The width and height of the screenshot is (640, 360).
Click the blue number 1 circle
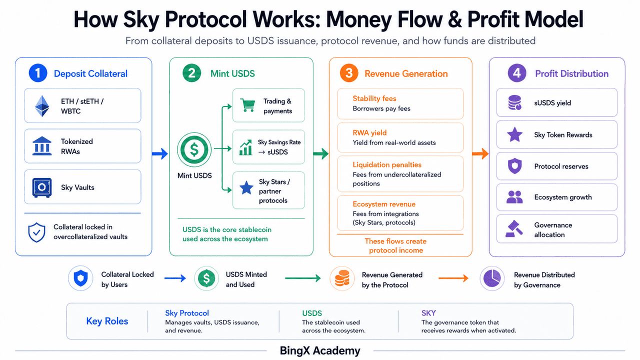click(x=38, y=73)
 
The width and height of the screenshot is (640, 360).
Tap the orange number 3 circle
click(x=348, y=73)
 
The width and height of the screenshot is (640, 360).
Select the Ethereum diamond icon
click(x=42, y=105)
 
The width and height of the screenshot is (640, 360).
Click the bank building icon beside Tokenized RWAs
click(x=42, y=145)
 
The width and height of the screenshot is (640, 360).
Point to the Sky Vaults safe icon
click(x=42, y=187)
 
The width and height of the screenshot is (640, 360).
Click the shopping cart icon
click(x=247, y=105)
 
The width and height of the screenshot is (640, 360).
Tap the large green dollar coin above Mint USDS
click(x=194, y=149)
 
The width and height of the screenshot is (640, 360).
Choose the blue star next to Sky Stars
click(x=246, y=187)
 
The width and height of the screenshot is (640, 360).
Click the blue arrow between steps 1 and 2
click(x=160, y=153)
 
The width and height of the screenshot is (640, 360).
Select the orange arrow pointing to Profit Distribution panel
click(x=480, y=153)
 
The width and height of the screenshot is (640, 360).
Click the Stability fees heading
click(x=374, y=98)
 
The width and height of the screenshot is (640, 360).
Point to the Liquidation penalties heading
click(x=387, y=164)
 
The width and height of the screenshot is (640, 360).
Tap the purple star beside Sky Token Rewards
click(x=515, y=134)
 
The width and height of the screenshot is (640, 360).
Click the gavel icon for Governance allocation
click(x=514, y=228)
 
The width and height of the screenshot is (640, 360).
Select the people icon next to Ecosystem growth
click(x=514, y=197)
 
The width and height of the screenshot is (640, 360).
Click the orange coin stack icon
click(x=342, y=278)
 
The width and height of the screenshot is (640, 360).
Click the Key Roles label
click(x=107, y=321)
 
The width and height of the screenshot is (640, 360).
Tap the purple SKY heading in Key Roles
click(x=428, y=313)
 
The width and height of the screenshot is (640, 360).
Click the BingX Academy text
click(x=320, y=350)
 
